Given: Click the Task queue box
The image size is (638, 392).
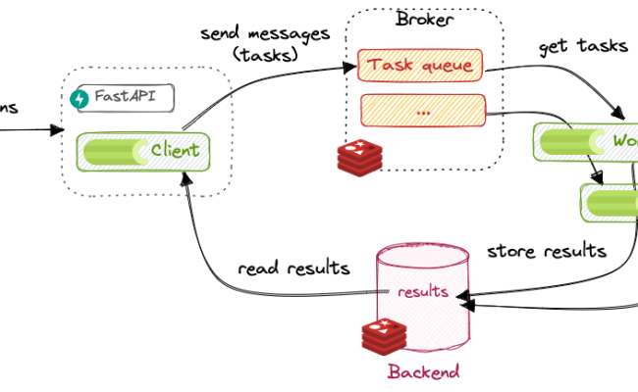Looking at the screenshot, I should pyautogui.click(x=420, y=67).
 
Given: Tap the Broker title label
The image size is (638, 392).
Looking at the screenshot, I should pyautogui.click(x=425, y=19).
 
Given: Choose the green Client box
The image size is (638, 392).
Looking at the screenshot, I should pyautogui.click(x=143, y=151).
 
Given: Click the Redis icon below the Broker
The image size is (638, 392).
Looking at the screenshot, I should pyautogui.click(x=359, y=157).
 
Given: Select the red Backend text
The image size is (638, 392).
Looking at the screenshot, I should pyautogui.click(x=423, y=372).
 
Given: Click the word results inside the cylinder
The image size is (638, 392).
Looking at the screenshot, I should pyautogui.click(x=424, y=292).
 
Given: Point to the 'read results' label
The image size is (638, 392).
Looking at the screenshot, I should pyautogui.click(x=294, y=268).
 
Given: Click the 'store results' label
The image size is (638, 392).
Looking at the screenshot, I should pyautogui.click(x=546, y=252).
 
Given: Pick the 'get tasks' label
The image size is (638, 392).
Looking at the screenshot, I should pyautogui.click(x=581, y=46).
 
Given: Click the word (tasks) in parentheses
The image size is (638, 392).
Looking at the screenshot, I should pyautogui.click(x=265, y=54).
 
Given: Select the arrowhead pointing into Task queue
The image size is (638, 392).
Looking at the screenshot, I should pyautogui.click(x=350, y=68).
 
